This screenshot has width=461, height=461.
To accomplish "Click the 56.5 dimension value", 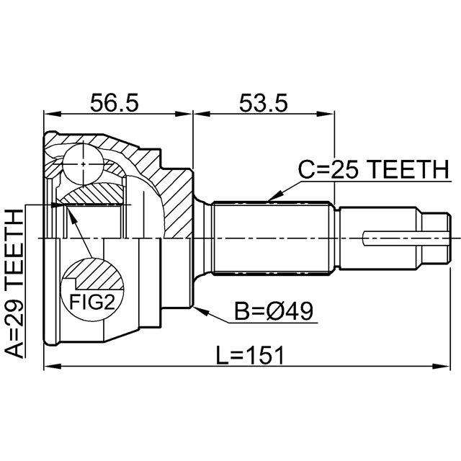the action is (x=114, y=103).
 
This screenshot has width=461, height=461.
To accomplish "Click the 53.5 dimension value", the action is (x=263, y=103).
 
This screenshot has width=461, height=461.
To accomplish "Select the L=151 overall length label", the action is (x=250, y=355).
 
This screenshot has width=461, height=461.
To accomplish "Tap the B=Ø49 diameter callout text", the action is (x=274, y=311).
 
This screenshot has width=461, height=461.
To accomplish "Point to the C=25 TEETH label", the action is (x=374, y=170).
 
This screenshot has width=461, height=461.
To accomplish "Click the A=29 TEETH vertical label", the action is (x=14, y=284).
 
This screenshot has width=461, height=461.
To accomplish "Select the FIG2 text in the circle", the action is (x=91, y=302).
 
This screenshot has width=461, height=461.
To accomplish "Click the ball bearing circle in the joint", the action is (x=84, y=164).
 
